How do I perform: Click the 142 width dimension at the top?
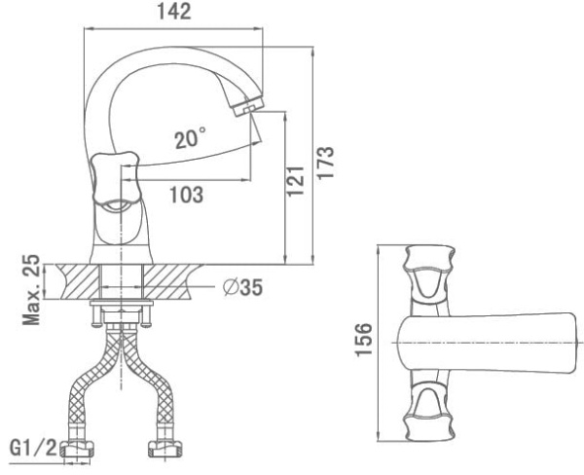(x=176, y=12)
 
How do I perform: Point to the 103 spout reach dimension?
(x=185, y=194)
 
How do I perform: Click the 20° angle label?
(x=190, y=139)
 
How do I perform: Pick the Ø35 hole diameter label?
(x=241, y=288)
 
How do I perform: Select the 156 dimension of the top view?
(x=361, y=342)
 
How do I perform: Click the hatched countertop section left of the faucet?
(x=74, y=282)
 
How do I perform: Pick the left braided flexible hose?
(x=97, y=389)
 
